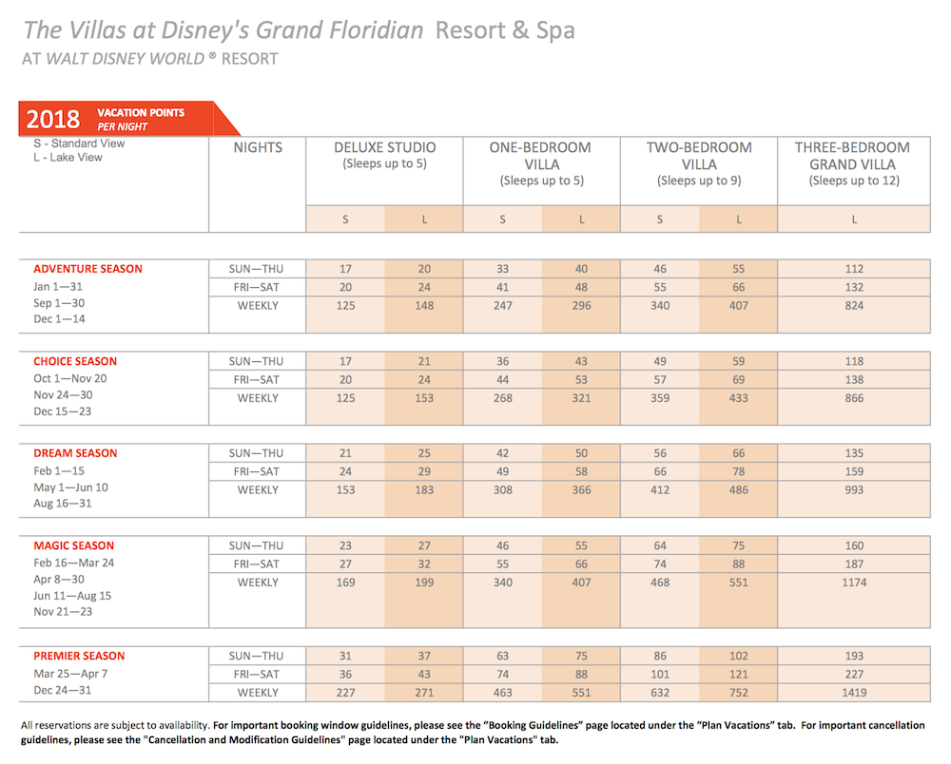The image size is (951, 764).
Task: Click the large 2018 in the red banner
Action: tap(53, 120)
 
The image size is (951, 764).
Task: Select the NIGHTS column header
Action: tap(258, 148)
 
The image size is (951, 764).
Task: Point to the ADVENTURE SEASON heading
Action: tap(87, 269)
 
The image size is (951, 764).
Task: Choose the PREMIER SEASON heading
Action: tap(79, 657)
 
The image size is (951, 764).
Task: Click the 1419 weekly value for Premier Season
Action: tap(854, 693)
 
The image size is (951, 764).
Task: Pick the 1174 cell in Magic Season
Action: tap(854, 583)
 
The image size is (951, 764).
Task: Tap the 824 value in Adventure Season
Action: tap(854, 306)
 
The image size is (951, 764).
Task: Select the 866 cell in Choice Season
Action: tap(854, 398)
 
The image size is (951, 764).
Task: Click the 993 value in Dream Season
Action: tap(854, 490)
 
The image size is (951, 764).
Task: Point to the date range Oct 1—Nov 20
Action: tap(70, 378)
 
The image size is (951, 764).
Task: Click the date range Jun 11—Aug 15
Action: tap(72, 596)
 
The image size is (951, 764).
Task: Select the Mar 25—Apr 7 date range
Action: tap(70, 674)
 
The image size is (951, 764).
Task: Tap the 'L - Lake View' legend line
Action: tap(68, 158)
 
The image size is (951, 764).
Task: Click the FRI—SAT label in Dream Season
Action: tap(257, 472)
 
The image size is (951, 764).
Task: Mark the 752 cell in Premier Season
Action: tap(738, 693)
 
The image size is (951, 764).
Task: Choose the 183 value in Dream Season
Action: tap(424, 490)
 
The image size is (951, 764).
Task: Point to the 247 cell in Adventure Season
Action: tap(503, 306)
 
